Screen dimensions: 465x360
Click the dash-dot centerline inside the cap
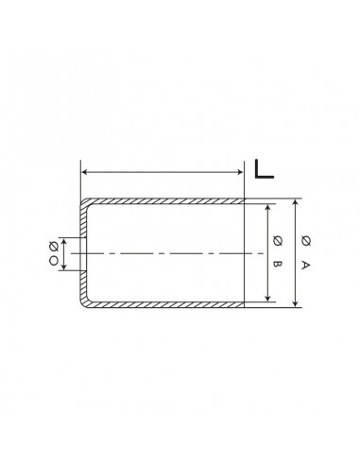161,253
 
